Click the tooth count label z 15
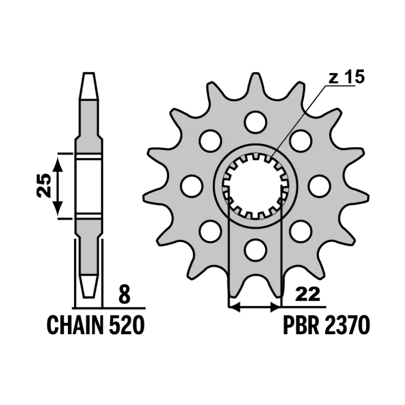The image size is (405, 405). [x=347, y=76]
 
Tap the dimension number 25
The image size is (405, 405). [x=44, y=185]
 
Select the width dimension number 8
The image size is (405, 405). [x=124, y=294]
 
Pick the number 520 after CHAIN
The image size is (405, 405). [x=127, y=325]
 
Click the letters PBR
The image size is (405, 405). [x=300, y=325]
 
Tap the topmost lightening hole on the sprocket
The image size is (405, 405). [x=256, y=121]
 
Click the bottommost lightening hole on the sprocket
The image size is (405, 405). [x=256, y=249]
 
